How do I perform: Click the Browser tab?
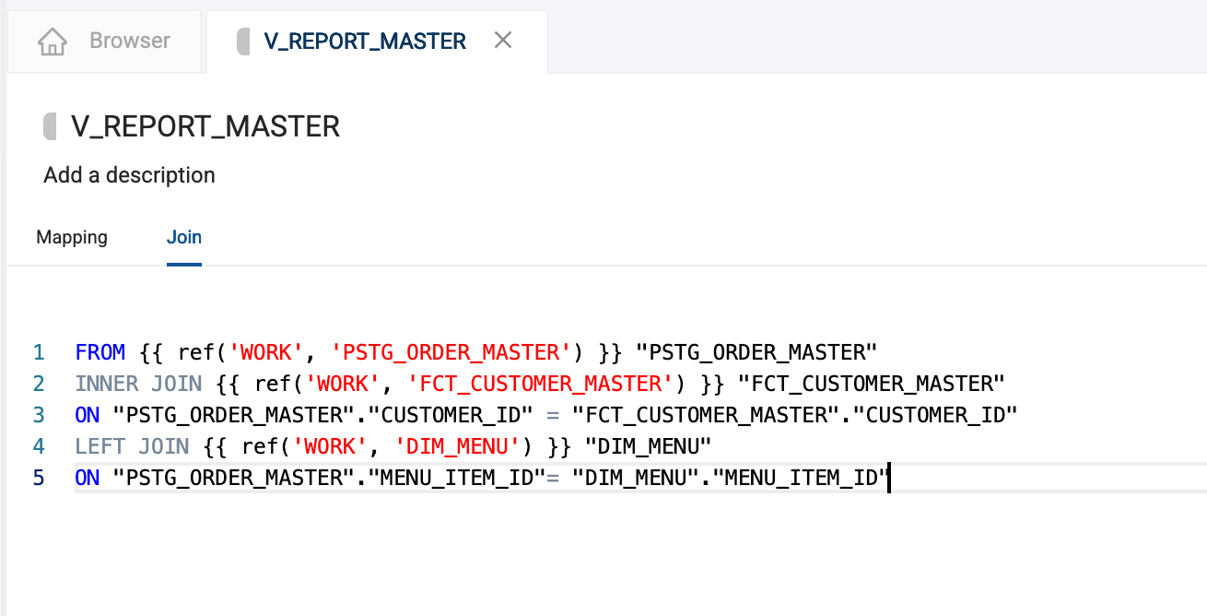[x=103, y=41]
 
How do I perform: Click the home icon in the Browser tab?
[x=53, y=41]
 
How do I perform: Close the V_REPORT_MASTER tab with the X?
[x=503, y=41]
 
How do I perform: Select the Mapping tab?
[x=72, y=237]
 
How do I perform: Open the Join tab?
[x=184, y=237]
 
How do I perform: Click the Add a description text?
[x=129, y=175]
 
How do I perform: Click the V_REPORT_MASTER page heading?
[x=205, y=126]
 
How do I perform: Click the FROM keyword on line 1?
[x=100, y=352]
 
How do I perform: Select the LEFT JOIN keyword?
[x=133, y=447]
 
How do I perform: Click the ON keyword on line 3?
[x=88, y=415]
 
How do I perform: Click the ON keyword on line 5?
[x=88, y=479]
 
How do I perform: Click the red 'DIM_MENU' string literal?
[x=457, y=447]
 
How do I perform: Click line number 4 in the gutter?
[x=39, y=447]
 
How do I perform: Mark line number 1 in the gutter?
[x=39, y=352]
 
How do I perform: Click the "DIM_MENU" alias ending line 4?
[x=649, y=447]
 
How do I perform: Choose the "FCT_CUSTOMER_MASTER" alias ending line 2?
[x=871, y=384]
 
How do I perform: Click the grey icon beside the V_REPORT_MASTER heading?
[x=51, y=126]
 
